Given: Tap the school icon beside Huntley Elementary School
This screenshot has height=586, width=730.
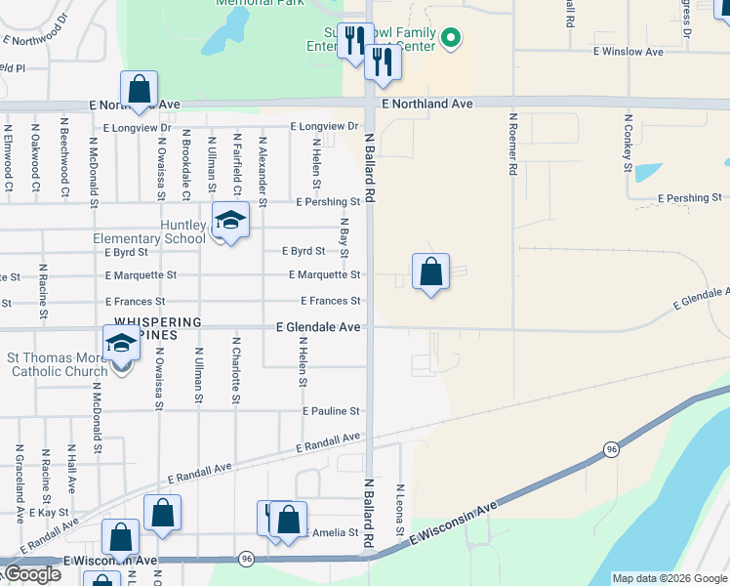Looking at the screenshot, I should [230, 221].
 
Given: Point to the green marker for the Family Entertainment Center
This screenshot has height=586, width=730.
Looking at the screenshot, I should [450, 39].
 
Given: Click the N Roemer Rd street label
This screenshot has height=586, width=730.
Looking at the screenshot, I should [511, 144].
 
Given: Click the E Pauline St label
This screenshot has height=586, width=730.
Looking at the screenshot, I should [331, 411].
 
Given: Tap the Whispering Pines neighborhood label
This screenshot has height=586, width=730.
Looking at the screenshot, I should [158, 327].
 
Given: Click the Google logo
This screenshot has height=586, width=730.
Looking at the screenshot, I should [31, 574].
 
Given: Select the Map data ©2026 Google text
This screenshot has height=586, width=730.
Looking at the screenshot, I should [669, 578].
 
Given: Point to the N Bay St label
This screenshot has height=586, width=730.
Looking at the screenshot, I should [345, 240].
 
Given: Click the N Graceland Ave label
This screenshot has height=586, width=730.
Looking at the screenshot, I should [19, 480].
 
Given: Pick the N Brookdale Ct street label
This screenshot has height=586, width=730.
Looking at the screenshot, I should [186, 164].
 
